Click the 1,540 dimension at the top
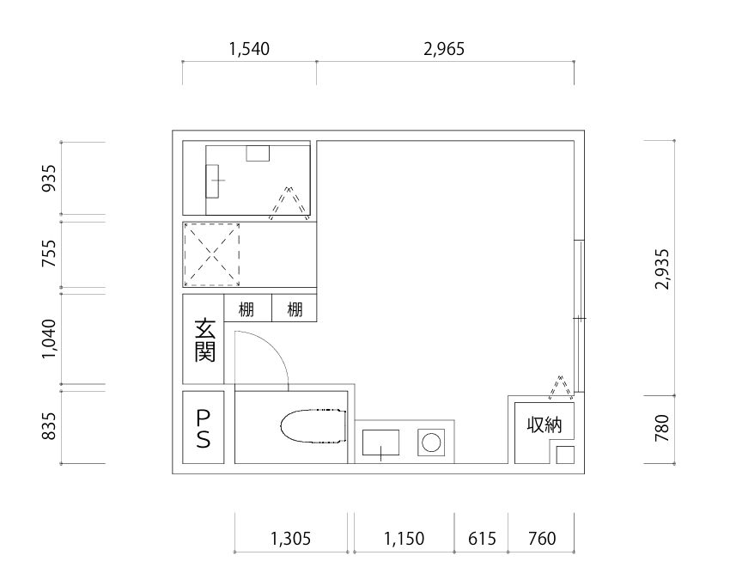(249, 49)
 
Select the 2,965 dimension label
(444, 49)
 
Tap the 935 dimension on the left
(49, 178)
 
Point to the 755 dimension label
(49, 253)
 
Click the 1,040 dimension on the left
(49, 339)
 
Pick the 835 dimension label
(49, 426)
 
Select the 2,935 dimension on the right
(661, 269)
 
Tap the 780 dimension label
(661, 428)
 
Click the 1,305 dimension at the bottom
(290, 539)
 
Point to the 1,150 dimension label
(405, 539)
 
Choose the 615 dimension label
(482, 539)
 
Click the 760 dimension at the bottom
(542, 539)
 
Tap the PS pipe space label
(204, 429)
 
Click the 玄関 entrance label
(205, 340)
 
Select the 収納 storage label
(544, 424)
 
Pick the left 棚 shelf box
(247, 308)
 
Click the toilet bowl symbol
(313, 426)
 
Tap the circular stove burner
(431, 442)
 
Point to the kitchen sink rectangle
(380, 443)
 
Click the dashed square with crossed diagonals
(212, 255)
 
